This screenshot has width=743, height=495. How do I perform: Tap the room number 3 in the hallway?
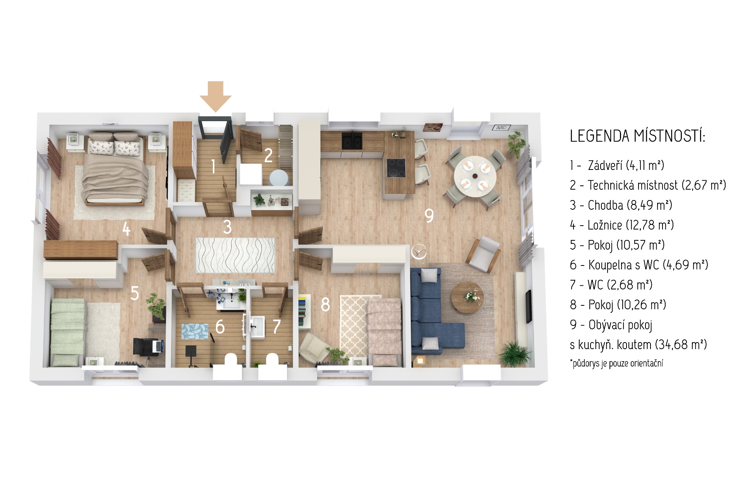pyautogui.click(x=227, y=227)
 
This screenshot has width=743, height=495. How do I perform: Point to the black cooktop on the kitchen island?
pyautogui.click(x=396, y=168)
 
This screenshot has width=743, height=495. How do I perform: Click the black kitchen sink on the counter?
pyautogui.click(x=352, y=141)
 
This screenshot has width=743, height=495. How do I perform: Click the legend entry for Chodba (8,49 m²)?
pyautogui.click(x=621, y=205)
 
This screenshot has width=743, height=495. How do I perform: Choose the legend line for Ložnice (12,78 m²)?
pyautogui.click(x=622, y=225)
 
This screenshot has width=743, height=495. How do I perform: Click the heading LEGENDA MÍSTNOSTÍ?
pyautogui.click(x=637, y=136)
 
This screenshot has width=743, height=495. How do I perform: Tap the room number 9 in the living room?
pyautogui.click(x=429, y=216)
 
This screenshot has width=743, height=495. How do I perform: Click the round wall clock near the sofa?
pyautogui.click(x=418, y=252)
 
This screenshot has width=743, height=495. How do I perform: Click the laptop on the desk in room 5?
pyautogui.click(x=158, y=346)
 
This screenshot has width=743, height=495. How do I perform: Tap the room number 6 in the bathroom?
pyautogui.click(x=220, y=327)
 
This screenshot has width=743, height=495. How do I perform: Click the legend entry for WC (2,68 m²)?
pyautogui.click(x=611, y=285)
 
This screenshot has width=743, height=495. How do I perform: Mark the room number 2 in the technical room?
pyautogui.click(x=268, y=156)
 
